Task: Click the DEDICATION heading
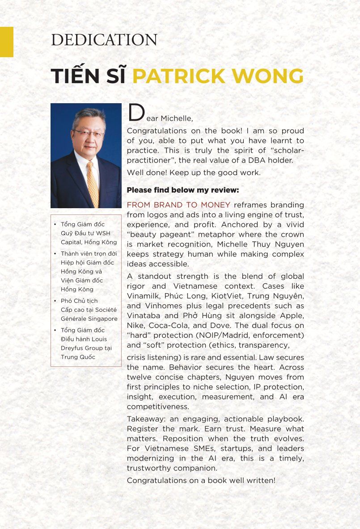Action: point(104,40)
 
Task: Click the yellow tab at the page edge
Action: point(6,42)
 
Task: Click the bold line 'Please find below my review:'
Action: point(183,190)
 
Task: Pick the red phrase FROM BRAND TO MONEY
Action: point(178,205)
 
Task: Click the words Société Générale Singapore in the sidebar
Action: point(89,314)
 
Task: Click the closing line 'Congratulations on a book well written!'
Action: point(201,481)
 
